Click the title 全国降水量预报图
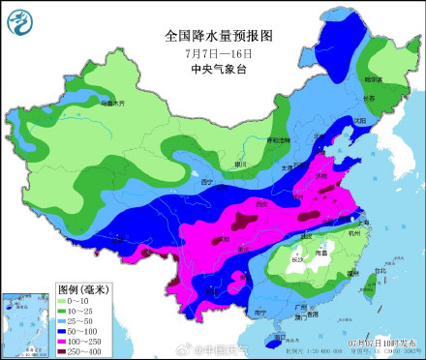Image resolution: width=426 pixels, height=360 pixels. [x=219, y=35]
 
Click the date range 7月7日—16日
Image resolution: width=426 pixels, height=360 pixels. [x=219, y=52]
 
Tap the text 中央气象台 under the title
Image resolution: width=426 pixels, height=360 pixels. [x=219, y=69]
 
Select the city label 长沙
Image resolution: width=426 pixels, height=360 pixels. [x=296, y=259]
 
